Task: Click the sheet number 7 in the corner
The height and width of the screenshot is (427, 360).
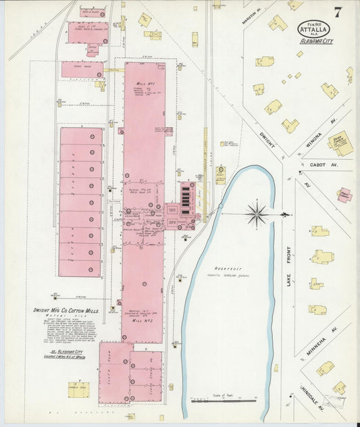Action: coord(336,11)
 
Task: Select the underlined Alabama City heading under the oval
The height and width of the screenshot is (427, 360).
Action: coord(317,41)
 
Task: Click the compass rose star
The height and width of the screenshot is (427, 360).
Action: coord(257,215)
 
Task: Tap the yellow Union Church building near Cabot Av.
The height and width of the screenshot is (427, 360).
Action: coord(339,143)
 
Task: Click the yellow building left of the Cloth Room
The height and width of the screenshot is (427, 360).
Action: coord(78,388)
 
